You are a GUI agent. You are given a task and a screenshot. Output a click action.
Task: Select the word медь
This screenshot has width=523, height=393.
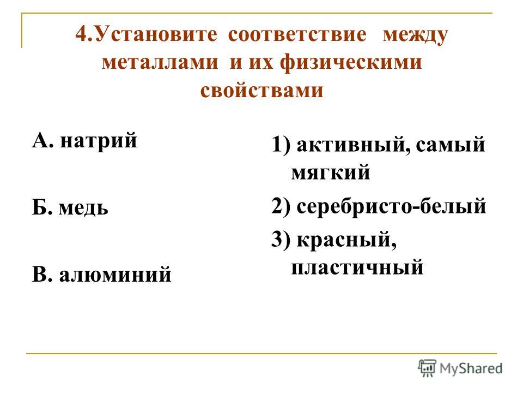point(83,208)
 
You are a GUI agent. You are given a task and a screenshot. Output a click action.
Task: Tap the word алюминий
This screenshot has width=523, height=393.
point(115,275)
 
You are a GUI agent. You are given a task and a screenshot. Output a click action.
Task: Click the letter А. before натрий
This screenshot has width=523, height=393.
point(42,140)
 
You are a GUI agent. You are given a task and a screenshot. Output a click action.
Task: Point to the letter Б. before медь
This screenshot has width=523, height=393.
point(42,207)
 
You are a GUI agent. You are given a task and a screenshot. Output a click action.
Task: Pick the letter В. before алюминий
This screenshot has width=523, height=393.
point(42,274)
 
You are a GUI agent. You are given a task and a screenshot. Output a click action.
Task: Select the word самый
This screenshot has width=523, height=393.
point(451,145)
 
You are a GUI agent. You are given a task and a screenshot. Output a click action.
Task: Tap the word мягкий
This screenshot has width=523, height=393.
point(331,172)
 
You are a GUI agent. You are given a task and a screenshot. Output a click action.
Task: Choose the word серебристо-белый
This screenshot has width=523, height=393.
point(391,206)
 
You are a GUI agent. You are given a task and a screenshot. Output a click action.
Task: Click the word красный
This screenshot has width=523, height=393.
point(346,240)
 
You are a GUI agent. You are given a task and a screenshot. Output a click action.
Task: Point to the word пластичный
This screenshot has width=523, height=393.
point(357,267)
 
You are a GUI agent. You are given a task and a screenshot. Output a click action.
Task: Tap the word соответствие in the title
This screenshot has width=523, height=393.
point(297,35)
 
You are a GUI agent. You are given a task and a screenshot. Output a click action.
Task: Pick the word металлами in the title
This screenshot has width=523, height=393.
point(160,62)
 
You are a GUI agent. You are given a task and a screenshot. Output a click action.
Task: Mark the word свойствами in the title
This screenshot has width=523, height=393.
point(262,90)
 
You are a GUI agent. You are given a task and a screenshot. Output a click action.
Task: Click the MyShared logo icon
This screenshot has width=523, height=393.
point(427,368)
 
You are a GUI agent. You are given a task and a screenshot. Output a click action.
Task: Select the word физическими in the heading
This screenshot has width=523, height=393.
point(351,62)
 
